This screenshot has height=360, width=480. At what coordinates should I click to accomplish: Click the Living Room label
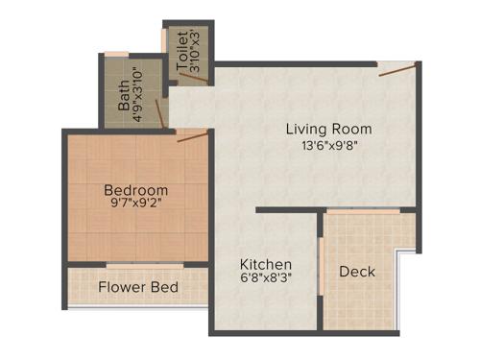coord(328,129)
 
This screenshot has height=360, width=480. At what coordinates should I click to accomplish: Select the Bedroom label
coord(136,190)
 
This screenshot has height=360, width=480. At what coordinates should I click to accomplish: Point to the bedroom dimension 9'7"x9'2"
coord(136,204)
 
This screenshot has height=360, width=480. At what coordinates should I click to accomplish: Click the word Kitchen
coord(266,265)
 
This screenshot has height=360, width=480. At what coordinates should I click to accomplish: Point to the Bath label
coord(124,96)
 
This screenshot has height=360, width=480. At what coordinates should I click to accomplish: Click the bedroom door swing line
coord(193,137)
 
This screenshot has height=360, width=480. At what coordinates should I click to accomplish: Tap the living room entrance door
coord(396,68)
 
